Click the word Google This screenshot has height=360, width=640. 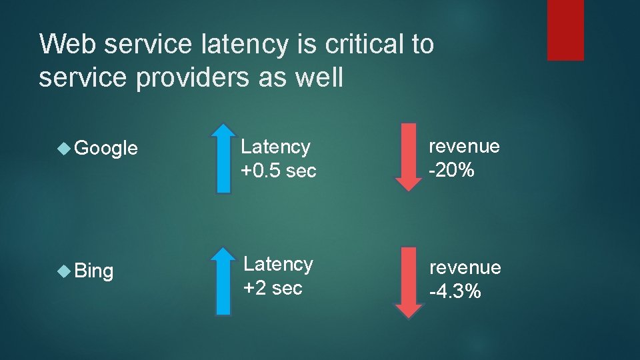pos(107,149)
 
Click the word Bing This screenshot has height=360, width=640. pos(94,271)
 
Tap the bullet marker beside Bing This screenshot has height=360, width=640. pos(64,271)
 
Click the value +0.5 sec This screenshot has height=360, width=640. pos(279,171)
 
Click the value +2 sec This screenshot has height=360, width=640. pos(273,289)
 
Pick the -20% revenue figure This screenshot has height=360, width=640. pos(451,171)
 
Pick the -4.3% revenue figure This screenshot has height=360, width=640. pos(455,291)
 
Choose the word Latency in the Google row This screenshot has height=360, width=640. pos(275,147)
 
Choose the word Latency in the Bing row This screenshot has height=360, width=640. pos(278,265)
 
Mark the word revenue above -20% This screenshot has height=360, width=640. pos(464,147)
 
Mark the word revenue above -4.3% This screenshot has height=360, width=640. pos(465,267)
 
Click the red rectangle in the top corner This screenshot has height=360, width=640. pos(565,30)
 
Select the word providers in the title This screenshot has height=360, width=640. pos(175,78)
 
